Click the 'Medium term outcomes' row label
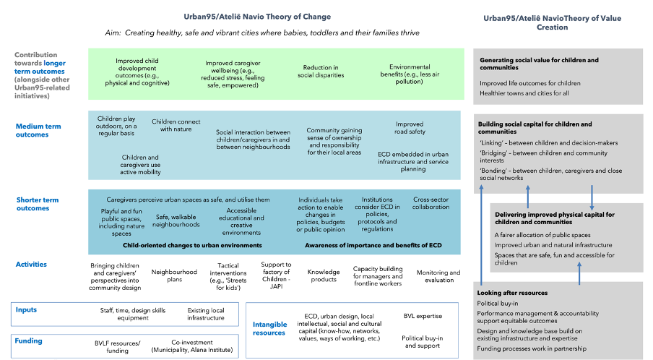point(38,130)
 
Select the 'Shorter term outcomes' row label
point(38,204)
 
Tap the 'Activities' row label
point(31,265)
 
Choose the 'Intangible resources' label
point(269,329)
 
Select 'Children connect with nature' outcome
point(176,126)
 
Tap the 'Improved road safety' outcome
point(410,128)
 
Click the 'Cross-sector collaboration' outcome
point(431,203)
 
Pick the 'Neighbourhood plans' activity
point(174,276)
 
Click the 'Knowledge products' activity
point(324,276)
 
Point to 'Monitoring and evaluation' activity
point(438,276)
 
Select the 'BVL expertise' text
point(423,316)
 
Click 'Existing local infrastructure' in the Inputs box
point(206,314)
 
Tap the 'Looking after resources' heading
point(512,293)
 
